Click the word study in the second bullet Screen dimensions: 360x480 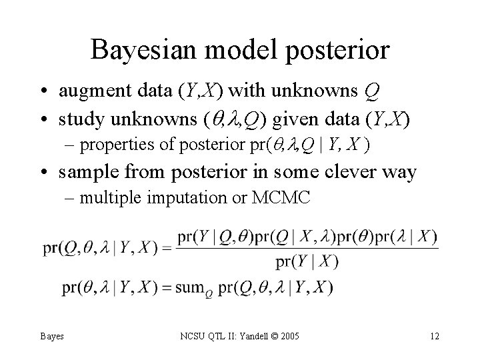pos(83,119)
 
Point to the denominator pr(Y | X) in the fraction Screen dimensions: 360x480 pos(307,261)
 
